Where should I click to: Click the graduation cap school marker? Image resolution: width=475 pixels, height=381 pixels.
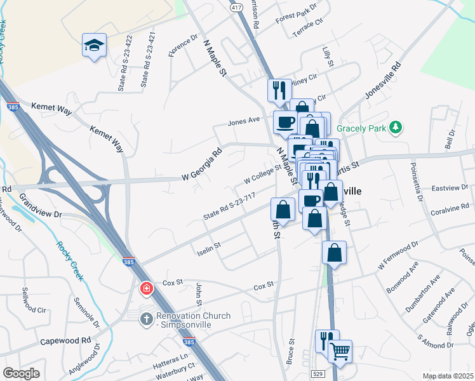(x=94, y=45)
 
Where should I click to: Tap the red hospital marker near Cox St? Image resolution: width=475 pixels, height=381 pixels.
(x=147, y=289)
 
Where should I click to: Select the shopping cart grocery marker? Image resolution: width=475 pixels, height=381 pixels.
(x=340, y=349)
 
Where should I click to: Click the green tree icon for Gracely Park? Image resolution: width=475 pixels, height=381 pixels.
(x=396, y=128)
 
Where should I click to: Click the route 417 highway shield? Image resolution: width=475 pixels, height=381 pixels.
(x=236, y=6)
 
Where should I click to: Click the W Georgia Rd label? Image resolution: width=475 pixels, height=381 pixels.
(x=201, y=164)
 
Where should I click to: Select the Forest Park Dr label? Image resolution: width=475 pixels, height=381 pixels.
(x=296, y=13)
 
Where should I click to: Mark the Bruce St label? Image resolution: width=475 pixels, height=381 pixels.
(x=291, y=349)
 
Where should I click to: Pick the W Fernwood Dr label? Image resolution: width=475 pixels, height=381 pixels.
(x=398, y=254)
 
